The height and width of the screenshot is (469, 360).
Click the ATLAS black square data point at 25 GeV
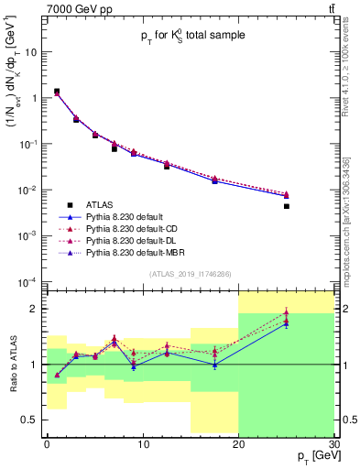point(286,206)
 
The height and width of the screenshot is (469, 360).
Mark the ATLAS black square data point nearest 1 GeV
point(57,92)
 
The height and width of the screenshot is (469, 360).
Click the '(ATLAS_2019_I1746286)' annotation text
point(189,274)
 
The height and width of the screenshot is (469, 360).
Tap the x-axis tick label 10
point(142,444)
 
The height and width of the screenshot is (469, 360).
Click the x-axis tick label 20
point(238,444)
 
